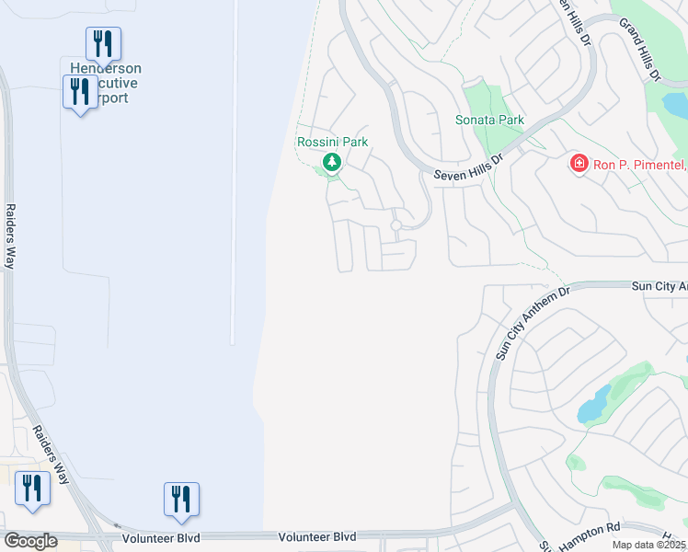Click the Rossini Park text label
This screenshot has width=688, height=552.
[332, 143]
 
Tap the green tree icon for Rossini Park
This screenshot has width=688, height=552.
[332, 164]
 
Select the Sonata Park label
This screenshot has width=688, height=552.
[489, 121]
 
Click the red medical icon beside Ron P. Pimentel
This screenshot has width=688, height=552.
[579, 164]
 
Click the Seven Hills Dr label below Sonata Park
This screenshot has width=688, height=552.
[469, 166]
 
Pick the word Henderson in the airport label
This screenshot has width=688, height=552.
[106, 68]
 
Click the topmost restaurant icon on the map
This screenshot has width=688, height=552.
[103, 42]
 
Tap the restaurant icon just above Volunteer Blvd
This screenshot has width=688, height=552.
[181, 499]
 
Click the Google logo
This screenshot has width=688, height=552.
[30, 541]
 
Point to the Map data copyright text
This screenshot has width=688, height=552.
[648, 545]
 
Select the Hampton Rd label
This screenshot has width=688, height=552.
[599, 531]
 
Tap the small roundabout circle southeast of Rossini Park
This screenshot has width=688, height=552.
[396, 225]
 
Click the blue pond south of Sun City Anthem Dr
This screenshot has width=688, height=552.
[593, 406]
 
